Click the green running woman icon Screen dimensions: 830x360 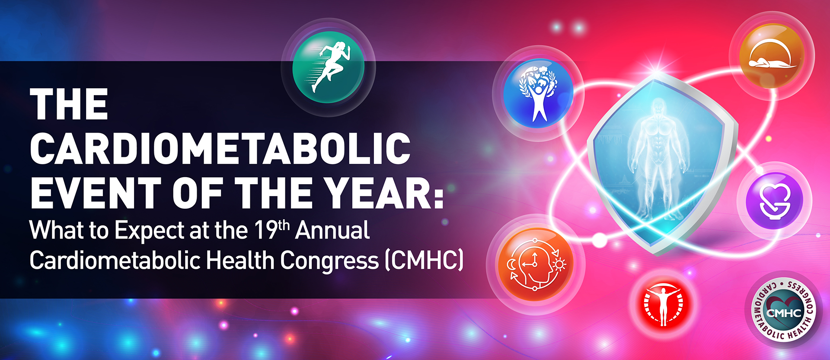[x=329, y=67]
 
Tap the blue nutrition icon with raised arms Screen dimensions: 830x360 [x=538, y=93]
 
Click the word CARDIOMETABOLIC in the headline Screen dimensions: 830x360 [x=220, y=148]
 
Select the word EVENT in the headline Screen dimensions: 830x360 [x=96, y=193]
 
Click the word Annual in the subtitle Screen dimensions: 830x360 [x=332, y=230]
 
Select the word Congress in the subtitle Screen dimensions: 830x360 [x=329, y=261]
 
